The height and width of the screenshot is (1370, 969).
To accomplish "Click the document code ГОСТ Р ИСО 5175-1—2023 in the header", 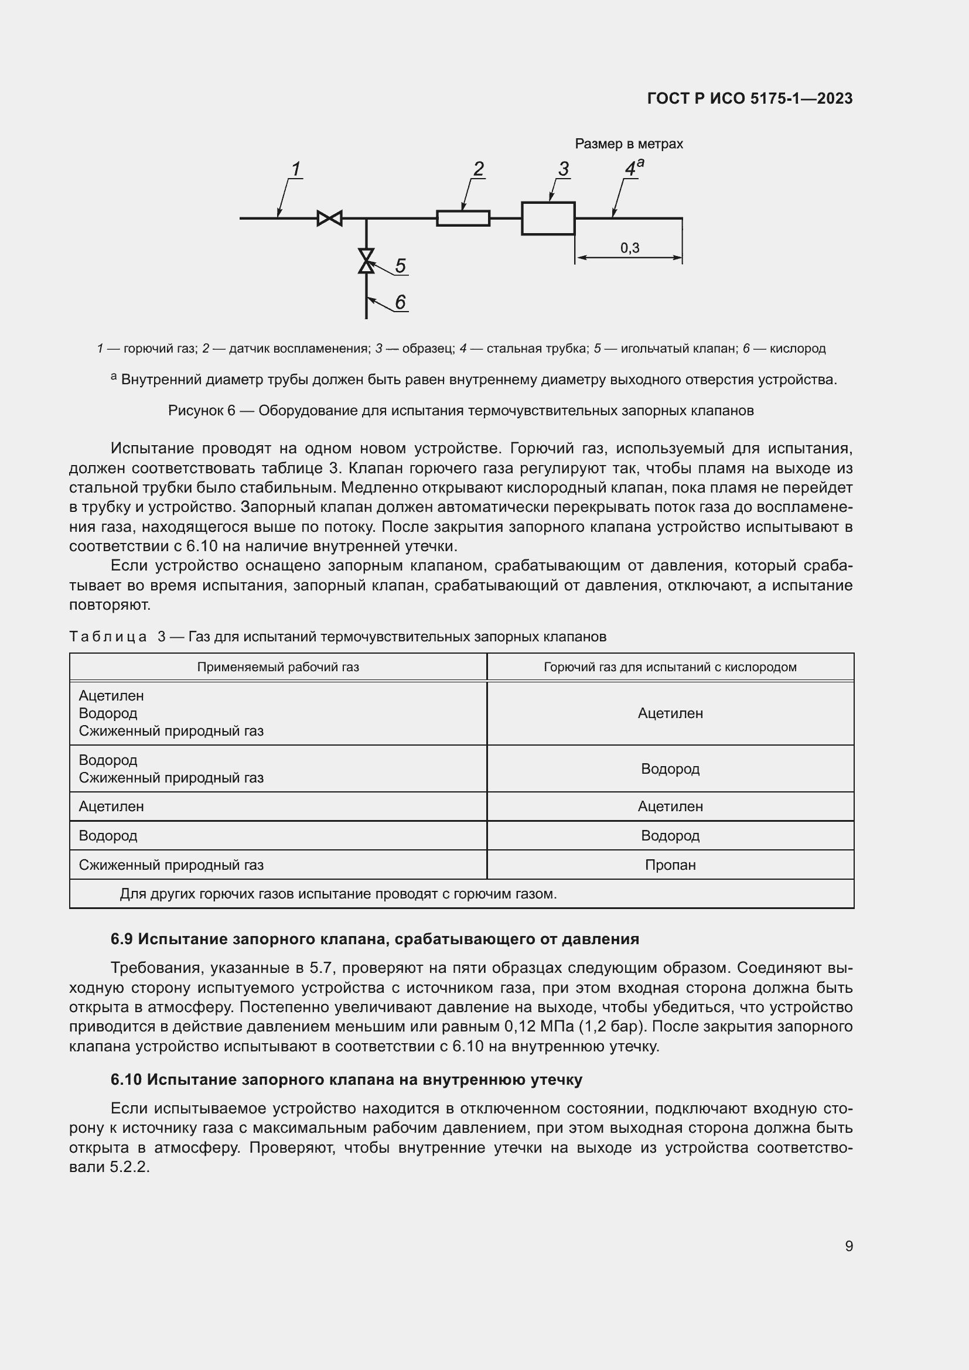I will pos(749,98).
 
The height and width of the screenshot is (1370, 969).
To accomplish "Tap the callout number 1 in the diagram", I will pos(295,169).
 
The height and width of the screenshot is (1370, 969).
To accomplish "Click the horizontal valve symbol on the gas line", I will pos(329,218).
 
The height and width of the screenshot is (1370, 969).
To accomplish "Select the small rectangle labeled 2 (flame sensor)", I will pos(463,218).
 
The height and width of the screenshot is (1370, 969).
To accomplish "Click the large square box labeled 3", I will pos(548,218).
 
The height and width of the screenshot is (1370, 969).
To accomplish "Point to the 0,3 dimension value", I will pos(629,248).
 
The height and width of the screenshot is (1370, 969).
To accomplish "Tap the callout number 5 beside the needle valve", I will pos(400,265).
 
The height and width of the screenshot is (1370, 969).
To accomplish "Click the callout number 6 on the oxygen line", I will pos(400,302).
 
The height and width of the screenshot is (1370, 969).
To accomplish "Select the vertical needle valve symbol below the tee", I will pos(366,261).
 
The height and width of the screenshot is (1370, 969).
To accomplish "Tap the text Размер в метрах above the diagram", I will pos(628,144).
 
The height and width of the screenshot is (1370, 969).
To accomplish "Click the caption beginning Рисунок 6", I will pos(460,411).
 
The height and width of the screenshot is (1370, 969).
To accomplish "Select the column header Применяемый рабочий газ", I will pos(278,667).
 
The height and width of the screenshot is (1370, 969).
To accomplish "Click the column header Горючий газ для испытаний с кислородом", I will pos(670,667).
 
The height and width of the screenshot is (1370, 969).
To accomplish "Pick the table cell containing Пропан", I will pos(670,865).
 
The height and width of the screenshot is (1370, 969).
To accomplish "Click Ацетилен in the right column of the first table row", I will pos(670,713).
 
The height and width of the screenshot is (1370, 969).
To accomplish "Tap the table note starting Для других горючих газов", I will pos(337,894).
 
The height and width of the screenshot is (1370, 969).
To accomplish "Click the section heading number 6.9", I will pos(121,939).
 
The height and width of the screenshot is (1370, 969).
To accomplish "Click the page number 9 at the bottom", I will pos(848,1246).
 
